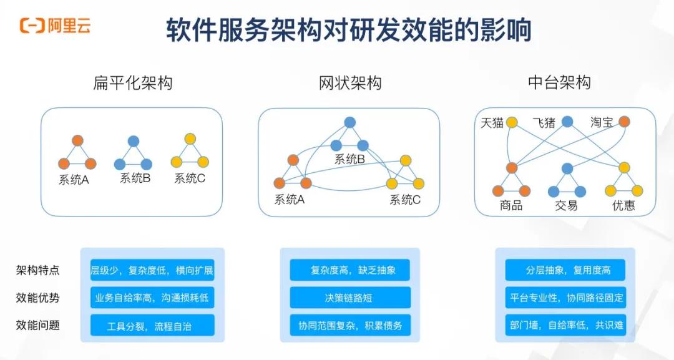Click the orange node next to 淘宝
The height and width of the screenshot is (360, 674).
[x=624, y=122]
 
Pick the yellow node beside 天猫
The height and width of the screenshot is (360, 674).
[x=512, y=122]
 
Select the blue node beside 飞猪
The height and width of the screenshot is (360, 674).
[x=567, y=122]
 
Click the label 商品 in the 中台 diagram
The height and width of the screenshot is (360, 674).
[x=511, y=205]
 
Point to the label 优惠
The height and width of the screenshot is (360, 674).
[x=623, y=205]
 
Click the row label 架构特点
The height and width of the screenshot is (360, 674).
[x=38, y=270]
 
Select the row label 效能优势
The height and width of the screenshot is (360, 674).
[x=38, y=298]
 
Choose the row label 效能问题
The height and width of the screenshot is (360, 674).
[x=38, y=325]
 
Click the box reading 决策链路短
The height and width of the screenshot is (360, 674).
[x=350, y=298]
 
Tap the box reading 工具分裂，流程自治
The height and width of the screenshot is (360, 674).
[x=152, y=325]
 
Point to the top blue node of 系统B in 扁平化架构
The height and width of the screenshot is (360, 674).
[x=133, y=141]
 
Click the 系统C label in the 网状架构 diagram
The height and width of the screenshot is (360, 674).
[x=405, y=200]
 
